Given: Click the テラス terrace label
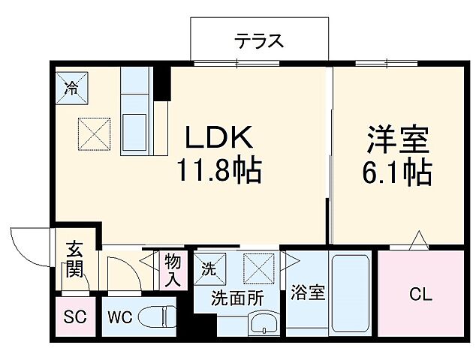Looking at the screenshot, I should (x=259, y=40).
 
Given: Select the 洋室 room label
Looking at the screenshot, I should (x=397, y=140).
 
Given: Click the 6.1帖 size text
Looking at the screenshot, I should (x=397, y=173).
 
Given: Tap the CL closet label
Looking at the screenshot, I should (x=420, y=295).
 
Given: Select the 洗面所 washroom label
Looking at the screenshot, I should (x=236, y=297).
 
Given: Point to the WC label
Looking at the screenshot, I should (x=119, y=317).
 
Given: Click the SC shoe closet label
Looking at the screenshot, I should (x=75, y=317).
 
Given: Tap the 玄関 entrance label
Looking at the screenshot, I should (x=74, y=259).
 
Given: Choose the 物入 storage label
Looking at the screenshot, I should (x=173, y=270).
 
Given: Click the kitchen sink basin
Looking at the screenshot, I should (x=135, y=123).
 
